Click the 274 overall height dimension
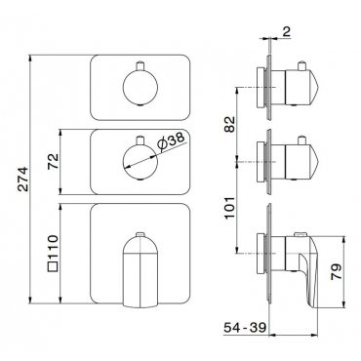click(x=22, y=179)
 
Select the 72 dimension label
click(x=53, y=161)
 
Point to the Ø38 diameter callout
click(x=171, y=141)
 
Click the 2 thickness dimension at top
click(x=286, y=31)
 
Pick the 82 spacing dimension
click(x=230, y=124)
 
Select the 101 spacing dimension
click(x=230, y=208)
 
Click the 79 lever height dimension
click(x=337, y=272)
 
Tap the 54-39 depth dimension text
click(x=245, y=328)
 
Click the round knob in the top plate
click(x=140, y=88)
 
